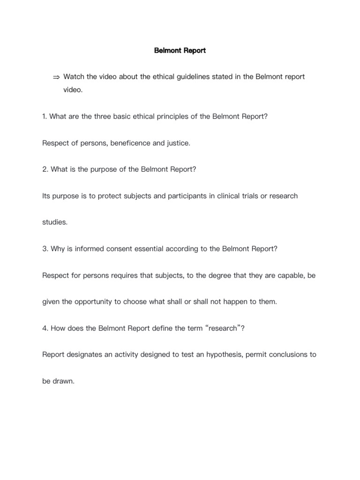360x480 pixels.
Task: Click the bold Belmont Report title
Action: [x=180, y=50]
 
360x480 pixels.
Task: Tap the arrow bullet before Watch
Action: [x=56, y=77]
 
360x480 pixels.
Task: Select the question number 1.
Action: [x=44, y=116]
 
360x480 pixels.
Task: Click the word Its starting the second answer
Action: [x=47, y=196]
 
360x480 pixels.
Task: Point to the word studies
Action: [x=54, y=223]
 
